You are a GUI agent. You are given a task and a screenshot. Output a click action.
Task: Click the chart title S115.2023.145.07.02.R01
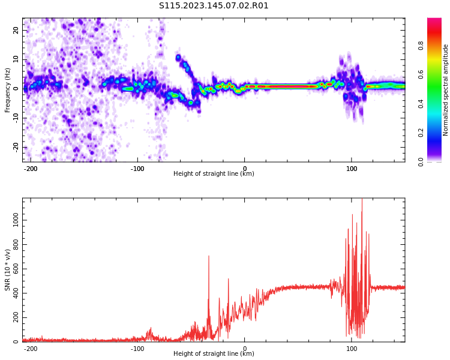tap(214, 6)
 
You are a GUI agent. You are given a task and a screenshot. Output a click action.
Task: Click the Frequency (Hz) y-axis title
tap(8, 90)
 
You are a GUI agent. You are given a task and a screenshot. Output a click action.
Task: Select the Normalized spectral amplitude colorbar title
tap(446, 90)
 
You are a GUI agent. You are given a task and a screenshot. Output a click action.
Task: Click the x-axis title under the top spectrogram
tap(214, 174)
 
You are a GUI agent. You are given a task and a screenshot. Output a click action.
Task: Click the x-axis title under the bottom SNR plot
tap(214, 354)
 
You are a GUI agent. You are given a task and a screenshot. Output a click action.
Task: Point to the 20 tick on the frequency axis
tap(16, 30)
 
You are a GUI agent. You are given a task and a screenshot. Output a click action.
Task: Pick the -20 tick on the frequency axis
tap(15, 147)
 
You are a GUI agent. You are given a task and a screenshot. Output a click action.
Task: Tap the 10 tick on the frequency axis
tap(16, 59)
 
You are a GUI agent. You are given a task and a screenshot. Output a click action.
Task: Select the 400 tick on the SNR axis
tap(14, 293)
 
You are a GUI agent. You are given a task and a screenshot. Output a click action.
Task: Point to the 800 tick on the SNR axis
tap(14, 245)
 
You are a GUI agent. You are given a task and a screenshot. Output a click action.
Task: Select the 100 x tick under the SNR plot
tap(352, 348)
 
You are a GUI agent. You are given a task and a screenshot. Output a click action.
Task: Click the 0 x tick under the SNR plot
tap(245, 348)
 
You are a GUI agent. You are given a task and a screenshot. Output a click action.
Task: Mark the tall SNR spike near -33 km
tap(209, 257)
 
